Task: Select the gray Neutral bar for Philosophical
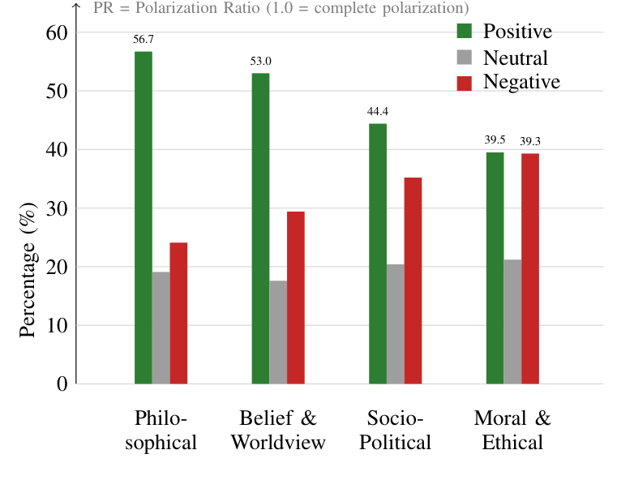click(161, 328)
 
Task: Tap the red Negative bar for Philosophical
click(178, 313)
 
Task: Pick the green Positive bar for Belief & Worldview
click(260, 228)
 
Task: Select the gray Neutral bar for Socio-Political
click(395, 324)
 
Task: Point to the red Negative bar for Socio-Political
click(413, 281)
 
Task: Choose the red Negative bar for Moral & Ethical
click(530, 268)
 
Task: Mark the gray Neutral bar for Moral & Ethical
click(512, 321)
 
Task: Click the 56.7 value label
click(144, 39)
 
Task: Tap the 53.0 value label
click(260, 61)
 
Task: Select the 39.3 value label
click(530, 141)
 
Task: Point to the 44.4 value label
click(378, 111)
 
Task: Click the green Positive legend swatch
click(465, 32)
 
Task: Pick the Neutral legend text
click(516, 58)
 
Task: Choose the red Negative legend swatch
click(465, 83)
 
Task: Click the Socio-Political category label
click(395, 431)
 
